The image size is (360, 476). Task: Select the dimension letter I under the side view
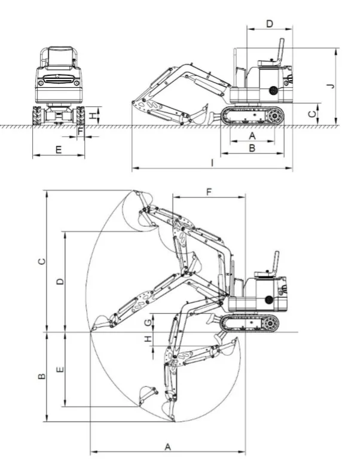[212, 163]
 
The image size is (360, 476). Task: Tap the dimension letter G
[148, 322]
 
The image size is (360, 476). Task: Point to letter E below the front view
[59, 149]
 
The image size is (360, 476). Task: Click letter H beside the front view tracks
[93, 115]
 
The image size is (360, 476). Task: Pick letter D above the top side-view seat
[270, 24]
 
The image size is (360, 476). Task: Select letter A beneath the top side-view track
[252, 136]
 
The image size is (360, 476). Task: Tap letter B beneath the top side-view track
[252, 148]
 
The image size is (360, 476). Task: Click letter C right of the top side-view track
[312, 114]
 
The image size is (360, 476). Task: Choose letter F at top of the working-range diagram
[209, 192]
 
